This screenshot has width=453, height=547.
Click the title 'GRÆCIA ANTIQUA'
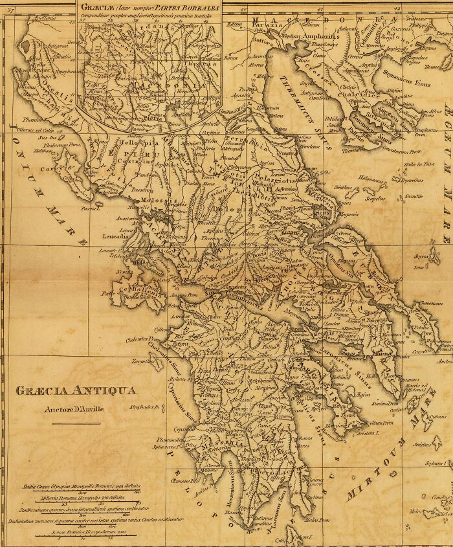coord(75,390)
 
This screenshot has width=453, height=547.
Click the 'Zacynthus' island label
coord(142,361)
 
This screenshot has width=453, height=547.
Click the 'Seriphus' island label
coord(423,445)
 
